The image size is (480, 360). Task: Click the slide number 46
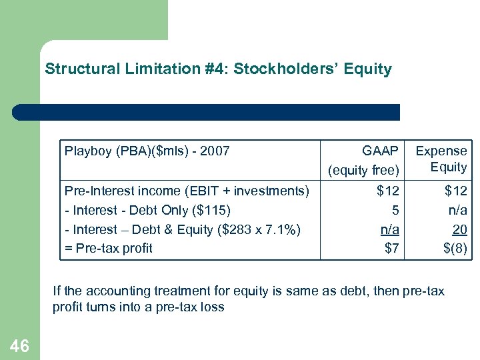19,345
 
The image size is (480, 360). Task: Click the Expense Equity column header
441,159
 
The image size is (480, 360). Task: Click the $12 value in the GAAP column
387,191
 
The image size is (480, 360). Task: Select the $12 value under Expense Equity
456,191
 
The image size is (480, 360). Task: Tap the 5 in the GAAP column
395,211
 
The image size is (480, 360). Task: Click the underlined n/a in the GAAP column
390,229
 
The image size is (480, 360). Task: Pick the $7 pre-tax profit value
391,249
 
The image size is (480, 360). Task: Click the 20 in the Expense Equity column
460,229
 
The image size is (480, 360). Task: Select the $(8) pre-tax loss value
456,249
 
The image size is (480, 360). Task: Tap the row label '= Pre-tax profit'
109,249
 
